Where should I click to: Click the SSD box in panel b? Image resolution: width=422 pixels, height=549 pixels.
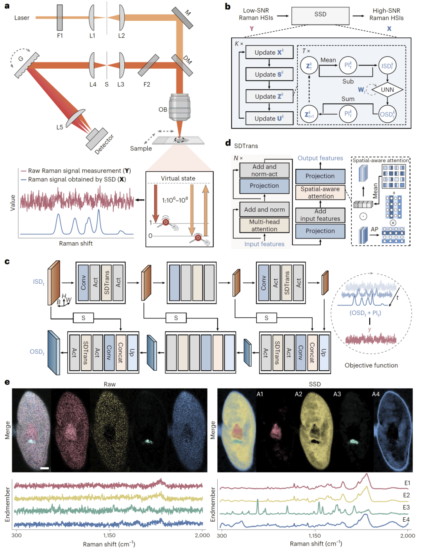click(x=320, y=15)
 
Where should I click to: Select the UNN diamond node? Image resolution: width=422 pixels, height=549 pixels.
click(x=387, y=90)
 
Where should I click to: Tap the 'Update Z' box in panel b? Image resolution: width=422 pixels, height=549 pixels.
click(x=269, y=96)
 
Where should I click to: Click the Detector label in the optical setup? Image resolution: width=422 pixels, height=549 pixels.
click(x=104, y=144)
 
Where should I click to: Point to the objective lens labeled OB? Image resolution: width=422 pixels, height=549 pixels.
click(x=180, y=107)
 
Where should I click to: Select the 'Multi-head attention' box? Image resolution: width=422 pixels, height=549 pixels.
click(x=265, y=225)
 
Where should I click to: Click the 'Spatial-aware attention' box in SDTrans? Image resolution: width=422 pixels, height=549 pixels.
click(x=320, y=192)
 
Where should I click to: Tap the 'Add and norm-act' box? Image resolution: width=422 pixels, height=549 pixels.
click(x=265, y=170)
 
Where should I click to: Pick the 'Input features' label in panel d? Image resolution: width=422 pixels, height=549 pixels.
click(x=265, y=244)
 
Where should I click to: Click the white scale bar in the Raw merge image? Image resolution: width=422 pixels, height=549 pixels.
click(x=45, y=468)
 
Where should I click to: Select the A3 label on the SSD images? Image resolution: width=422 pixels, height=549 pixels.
click(x=337, y=394)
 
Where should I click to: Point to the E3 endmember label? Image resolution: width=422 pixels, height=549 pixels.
click(x=406, y=507)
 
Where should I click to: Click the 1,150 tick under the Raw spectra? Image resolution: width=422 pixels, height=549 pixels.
click(x=109, y=535)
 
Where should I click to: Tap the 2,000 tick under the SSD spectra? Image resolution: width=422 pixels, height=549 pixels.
click(x=408, y=536)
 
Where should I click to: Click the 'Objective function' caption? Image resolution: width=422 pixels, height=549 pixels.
click(x=371, y=365)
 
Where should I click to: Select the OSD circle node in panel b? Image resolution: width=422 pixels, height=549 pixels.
click(x=387, y=114)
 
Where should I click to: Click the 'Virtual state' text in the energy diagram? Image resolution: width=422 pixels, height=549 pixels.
click(x=178, y=178)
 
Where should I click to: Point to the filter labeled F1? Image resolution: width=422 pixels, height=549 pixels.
click(x=60, y=18)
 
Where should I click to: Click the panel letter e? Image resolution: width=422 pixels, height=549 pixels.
click(x=7, y=382)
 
